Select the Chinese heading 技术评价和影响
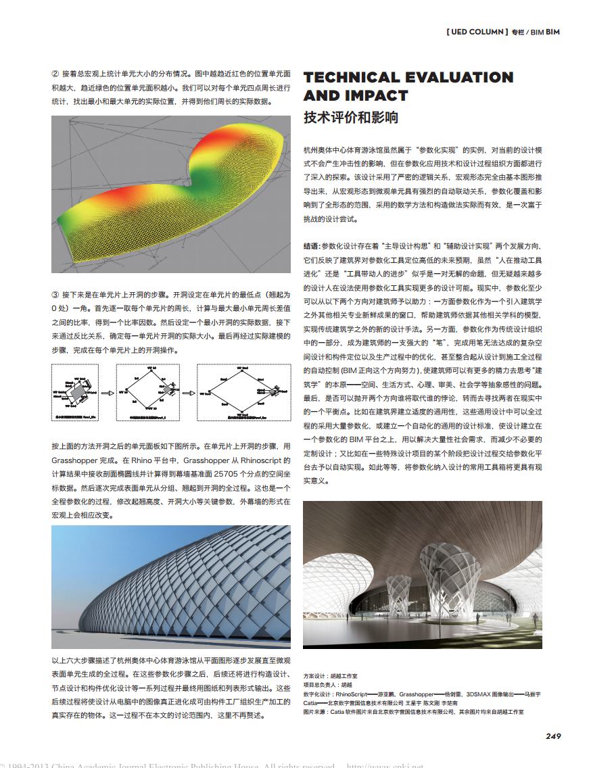(x=350, y=117)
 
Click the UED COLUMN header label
(x=476, y=32)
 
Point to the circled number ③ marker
(x=55, y=295)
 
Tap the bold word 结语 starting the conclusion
(x=312, y=247)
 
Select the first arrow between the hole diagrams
(x=107, y=393)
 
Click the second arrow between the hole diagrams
(x=189, y=393)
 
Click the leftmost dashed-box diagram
(x=75, y=393)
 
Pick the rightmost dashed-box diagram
(x=243, y=393)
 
